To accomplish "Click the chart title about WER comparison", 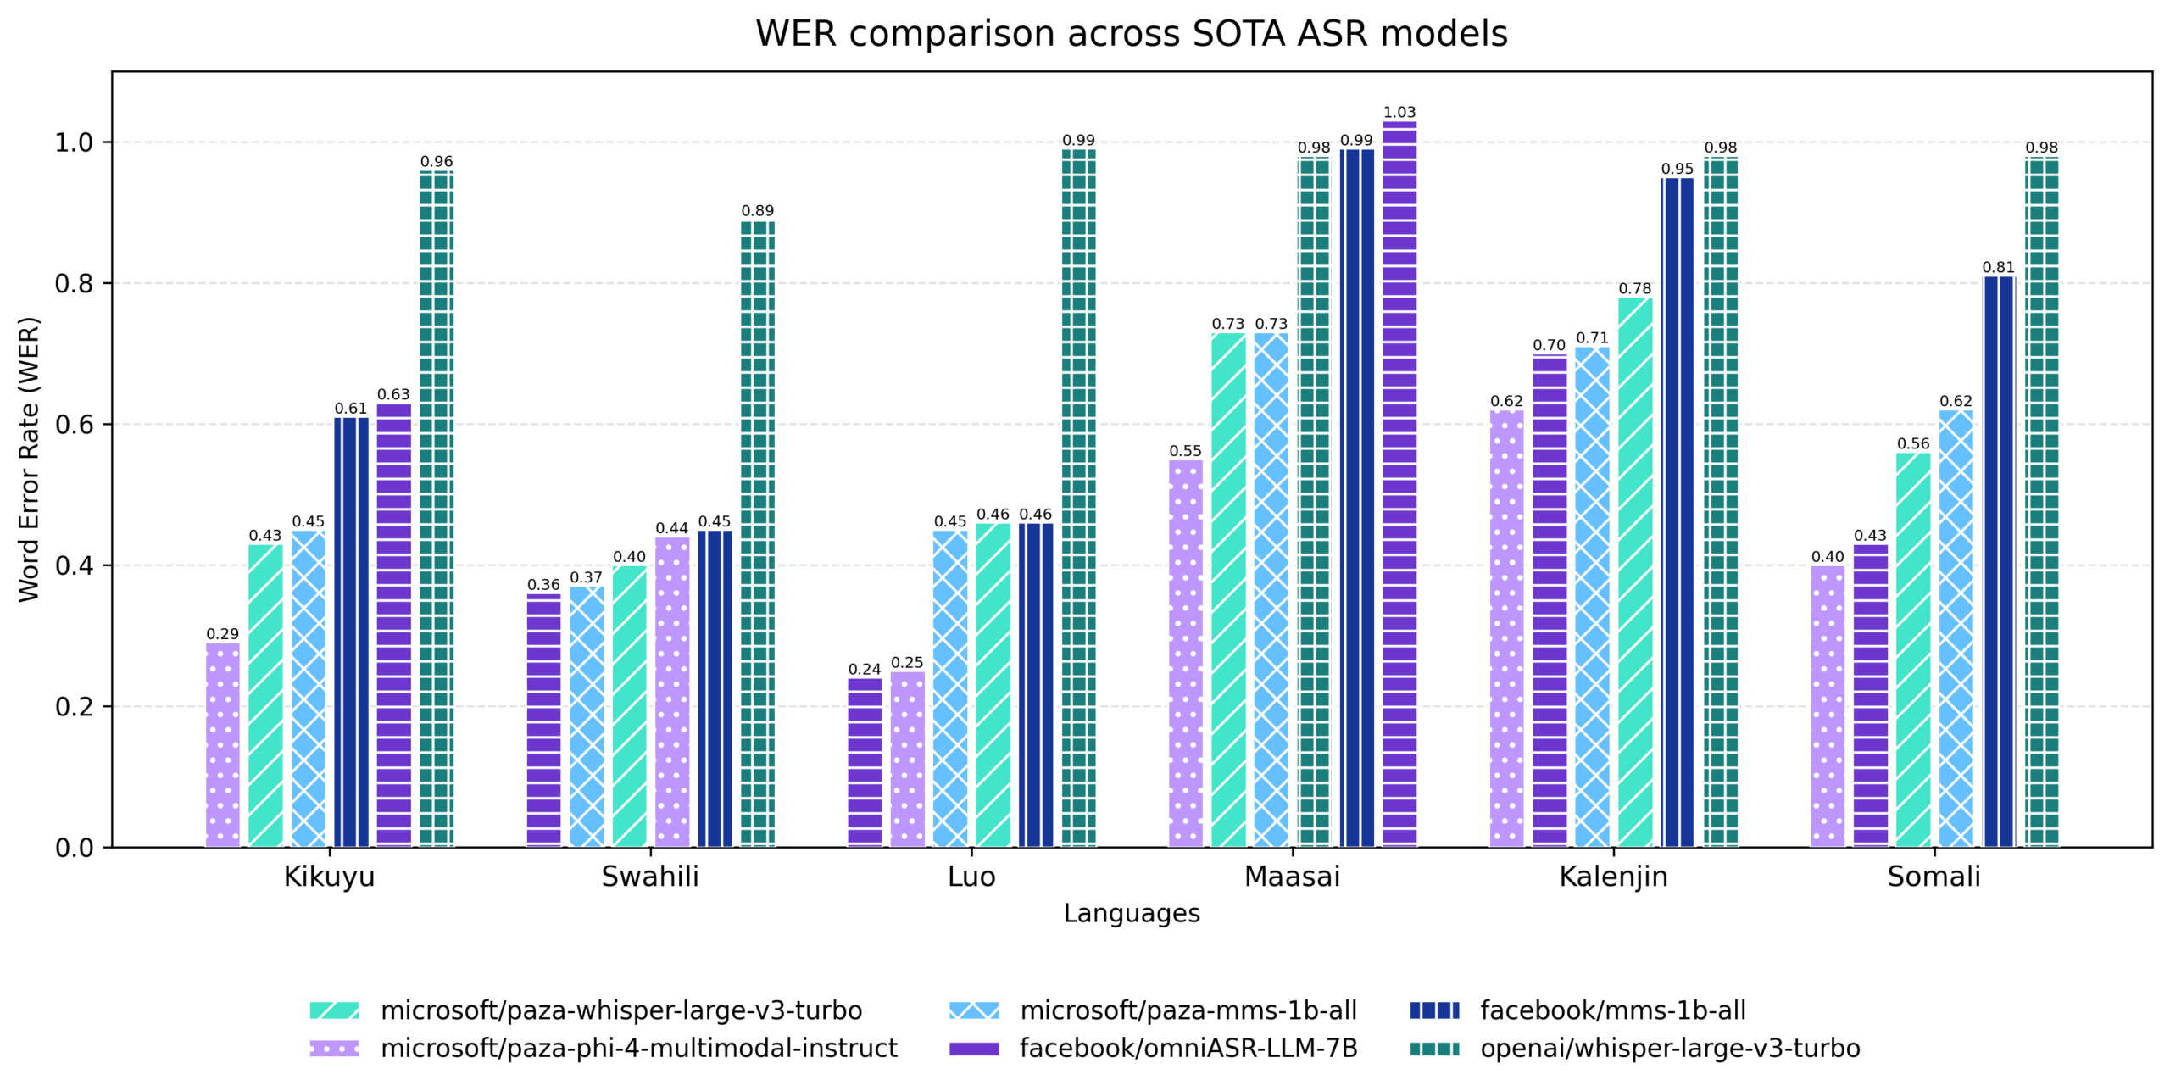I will (x=1131, y=34).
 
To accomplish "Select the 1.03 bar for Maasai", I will (x=1399, y=483).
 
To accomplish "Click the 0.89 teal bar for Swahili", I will (x=757, y=534).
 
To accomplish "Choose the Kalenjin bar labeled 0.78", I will (x=1634, y=572).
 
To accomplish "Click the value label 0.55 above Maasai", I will (x=1185, y=451).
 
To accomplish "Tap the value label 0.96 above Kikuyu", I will (x=437, y=161).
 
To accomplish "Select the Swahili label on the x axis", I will (x=650, y=877).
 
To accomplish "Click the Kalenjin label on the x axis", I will (x=1613, y=877).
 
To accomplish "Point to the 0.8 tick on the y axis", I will (x=74, y=284).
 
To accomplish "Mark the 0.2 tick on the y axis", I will (x=74, y=706).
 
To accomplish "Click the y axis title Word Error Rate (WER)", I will (x=30, y=459).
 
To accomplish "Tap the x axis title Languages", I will (x=1131, y=913).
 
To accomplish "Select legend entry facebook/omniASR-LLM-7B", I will (x=1188, y=1049).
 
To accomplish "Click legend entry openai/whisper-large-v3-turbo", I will (x=1669, y=1049).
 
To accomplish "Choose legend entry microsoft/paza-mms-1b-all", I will (x=1188, y=1010).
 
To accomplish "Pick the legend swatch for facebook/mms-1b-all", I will (x=1434, y=1010).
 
